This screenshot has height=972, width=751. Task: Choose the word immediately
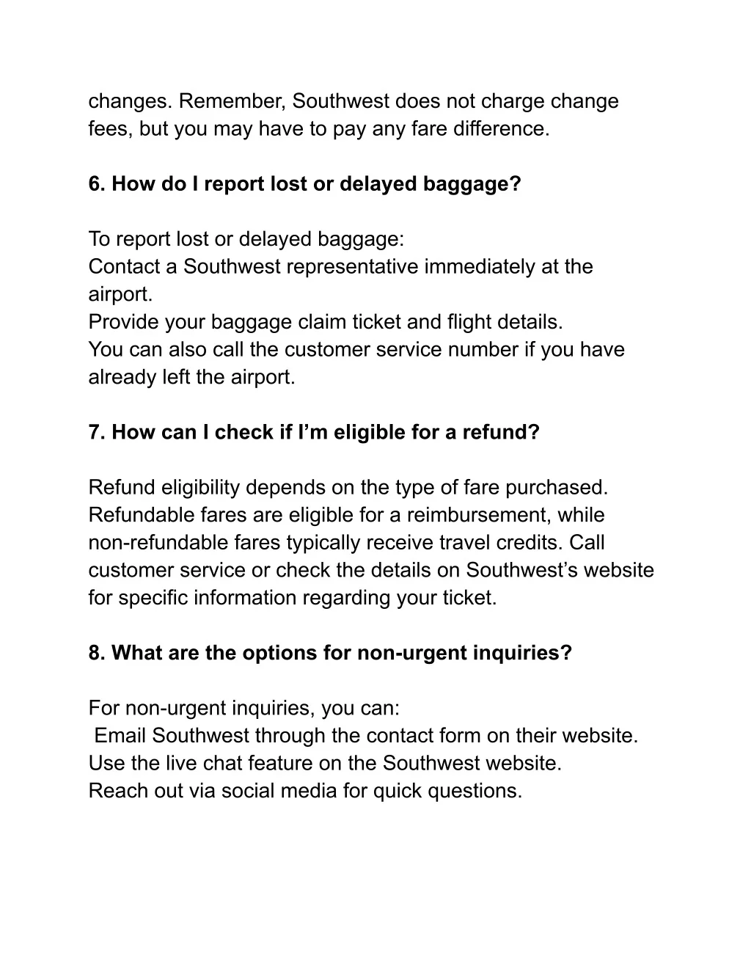pos(480,266)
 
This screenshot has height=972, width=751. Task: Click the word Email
pos(121,736)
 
